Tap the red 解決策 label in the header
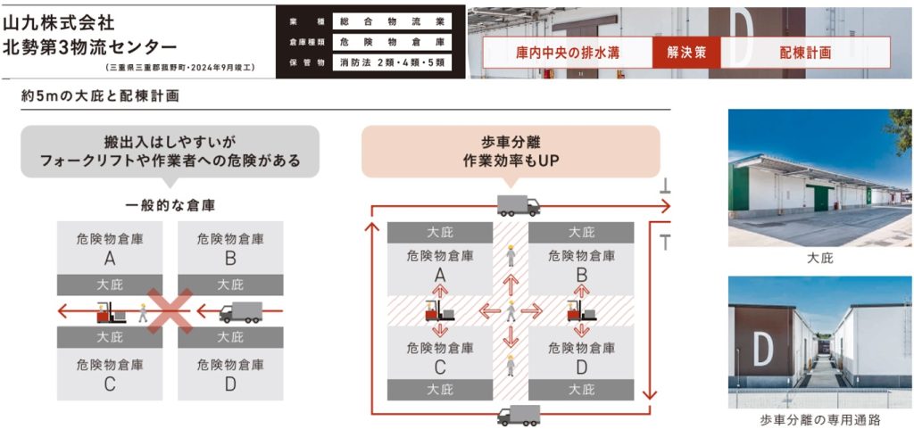click(x=686, y=53)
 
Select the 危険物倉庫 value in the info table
click(x=392, y=42)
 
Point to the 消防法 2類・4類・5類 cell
click(x=392, y=62)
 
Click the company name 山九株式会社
click(x=59, y=20)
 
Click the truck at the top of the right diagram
click(x=519, y=204)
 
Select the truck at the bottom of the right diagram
click(x=519, y=415)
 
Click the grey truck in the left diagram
click(x=240, y=312)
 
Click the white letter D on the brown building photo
click(x=762, y=350)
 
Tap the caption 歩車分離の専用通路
click(x=820, y=419)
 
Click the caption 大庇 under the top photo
click(x=820, y=258)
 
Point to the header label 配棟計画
click(x=805, y=53)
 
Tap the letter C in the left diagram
click(x=110, y=384)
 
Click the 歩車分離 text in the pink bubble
click(x=510, y=143)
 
